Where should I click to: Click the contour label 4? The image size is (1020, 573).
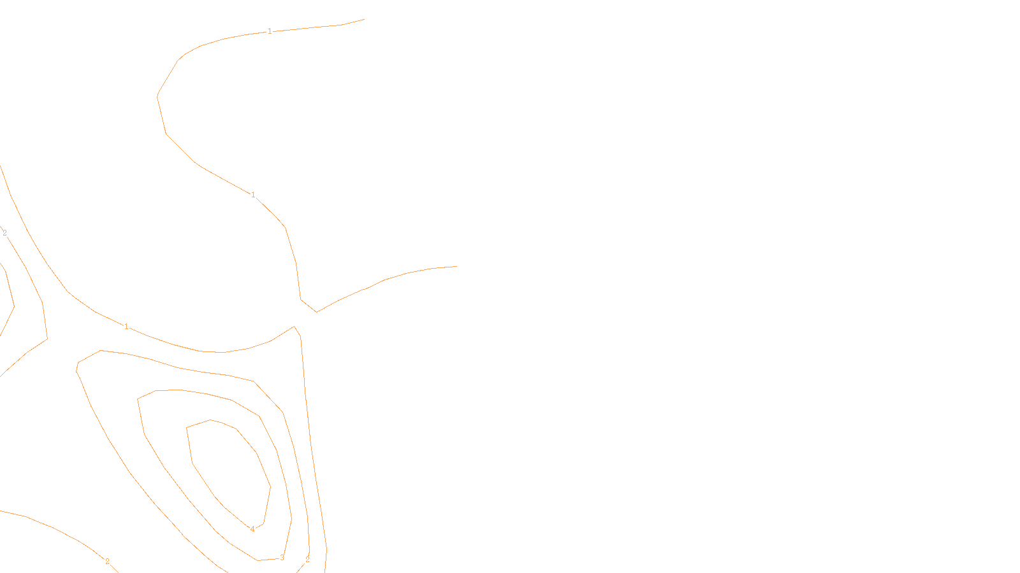[252, 529]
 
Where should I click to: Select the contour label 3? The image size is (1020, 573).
[282, 558]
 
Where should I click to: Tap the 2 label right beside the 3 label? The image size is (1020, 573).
[307, 560]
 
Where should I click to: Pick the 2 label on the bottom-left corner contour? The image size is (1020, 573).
[107, 562]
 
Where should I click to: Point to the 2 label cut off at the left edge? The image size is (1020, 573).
[4, 233]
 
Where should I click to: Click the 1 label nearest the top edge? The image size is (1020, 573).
[270, 31]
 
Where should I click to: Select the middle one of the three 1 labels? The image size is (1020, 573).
[253, 195]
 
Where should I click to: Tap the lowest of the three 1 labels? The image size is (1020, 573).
[126, 327]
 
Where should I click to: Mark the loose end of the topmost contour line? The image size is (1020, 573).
[364, 19]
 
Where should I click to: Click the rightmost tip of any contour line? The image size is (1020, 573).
[457, 266]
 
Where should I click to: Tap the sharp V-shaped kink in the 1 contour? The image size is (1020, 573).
[316, 312]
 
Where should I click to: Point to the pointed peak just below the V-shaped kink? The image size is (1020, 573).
[294, 327]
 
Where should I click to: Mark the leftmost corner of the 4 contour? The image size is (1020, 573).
[186, 428]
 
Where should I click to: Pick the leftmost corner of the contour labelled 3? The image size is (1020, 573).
[138, 399]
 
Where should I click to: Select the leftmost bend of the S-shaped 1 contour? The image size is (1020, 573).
[157, 96]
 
